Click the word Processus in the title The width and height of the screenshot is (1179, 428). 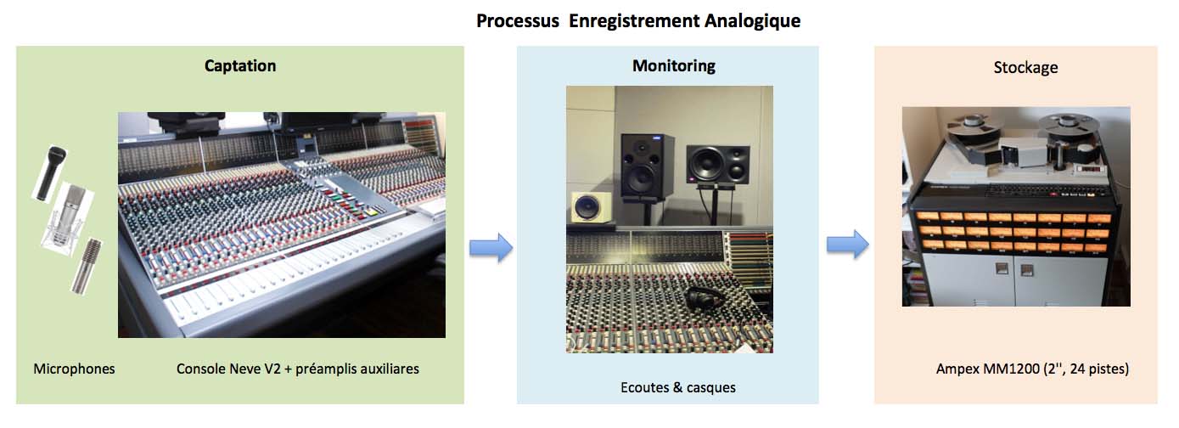[518, 21]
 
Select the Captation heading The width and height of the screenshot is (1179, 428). [240, 65]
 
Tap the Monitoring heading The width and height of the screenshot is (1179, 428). [674, 65]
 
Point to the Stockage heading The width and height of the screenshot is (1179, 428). [1025, 67]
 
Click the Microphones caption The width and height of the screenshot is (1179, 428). [74, 369]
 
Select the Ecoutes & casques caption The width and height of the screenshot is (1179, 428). [678, 387]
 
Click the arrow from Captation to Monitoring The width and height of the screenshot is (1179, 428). [491, 247]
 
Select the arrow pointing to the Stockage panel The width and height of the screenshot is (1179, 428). [847, 245]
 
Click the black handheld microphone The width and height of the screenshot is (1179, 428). [51, 172]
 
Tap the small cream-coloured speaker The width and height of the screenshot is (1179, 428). [592, 207]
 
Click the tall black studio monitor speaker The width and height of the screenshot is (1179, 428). [647, 167]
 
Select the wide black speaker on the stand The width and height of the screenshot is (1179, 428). [718, 166]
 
